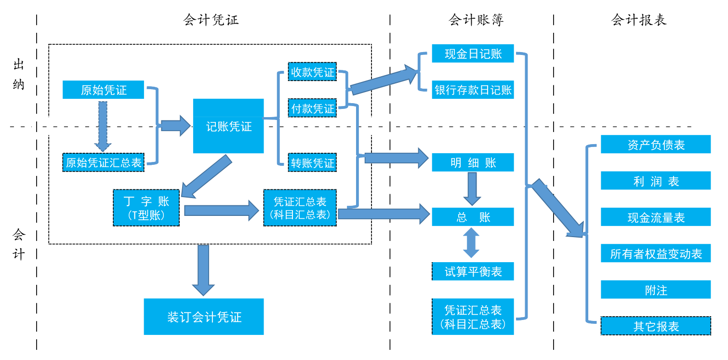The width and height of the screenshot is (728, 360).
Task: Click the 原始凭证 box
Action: pos(103,90)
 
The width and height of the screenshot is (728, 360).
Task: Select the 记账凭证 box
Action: pos(228,126)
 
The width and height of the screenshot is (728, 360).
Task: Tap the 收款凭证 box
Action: pos(312,72)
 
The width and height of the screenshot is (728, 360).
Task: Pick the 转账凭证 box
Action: pos(312,163)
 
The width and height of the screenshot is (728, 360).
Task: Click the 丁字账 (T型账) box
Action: pos(146,208)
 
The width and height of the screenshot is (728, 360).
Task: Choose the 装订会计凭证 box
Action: pos(204,317)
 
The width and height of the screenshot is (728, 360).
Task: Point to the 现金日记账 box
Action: pos(473,53)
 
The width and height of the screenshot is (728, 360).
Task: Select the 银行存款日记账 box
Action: pos(473,90)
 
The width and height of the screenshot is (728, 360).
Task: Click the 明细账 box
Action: pos(473,163)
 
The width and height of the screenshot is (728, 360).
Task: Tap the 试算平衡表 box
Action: pos(473,271)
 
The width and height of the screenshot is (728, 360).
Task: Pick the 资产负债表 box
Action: pos(655,145)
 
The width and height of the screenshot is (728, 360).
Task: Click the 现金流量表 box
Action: pos(655,217)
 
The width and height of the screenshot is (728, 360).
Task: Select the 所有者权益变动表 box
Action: pos(655,253)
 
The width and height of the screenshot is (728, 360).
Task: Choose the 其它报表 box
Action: pos(655,326)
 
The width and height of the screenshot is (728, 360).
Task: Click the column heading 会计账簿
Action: pos(476,20)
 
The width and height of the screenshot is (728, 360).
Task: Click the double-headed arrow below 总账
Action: pos(471,243)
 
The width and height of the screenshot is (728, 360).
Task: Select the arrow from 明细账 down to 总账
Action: pos(472,188)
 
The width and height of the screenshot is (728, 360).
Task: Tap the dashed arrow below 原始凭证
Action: pos(103,125)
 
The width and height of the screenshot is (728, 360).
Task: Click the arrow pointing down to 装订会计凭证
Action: pos(203,269)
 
